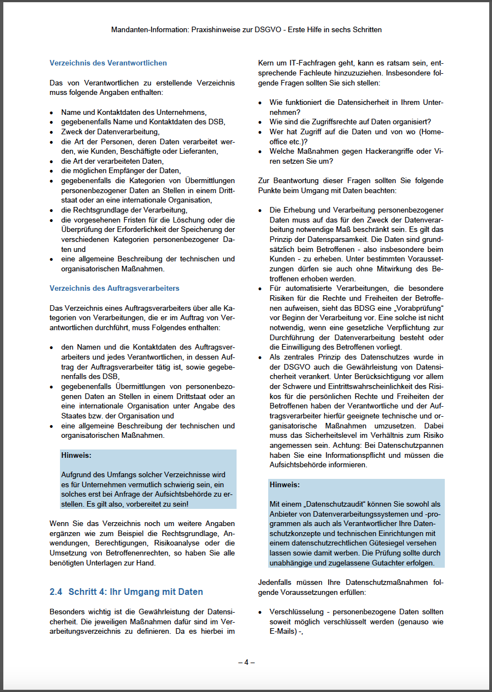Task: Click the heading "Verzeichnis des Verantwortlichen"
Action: [x=108, y=63]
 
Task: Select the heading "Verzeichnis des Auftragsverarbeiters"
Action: [x=114, y=289]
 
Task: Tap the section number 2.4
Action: [x=56, y=592]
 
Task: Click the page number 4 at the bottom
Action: [x=246, y=662]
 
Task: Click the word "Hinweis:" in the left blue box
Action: [x=76, y=456]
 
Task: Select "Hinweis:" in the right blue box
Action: [x=285, y=484]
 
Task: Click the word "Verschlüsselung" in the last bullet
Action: [x=296, y=612]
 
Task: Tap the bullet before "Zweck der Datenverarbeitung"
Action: [x=52, y=132]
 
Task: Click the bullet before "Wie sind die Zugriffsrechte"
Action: [x=260, y=122]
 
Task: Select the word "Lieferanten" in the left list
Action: [x=198, y=151]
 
